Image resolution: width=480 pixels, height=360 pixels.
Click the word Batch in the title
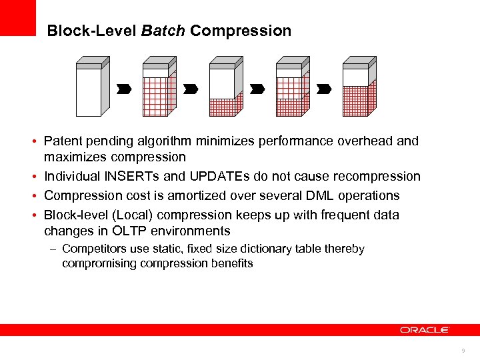pyautogui.click(x=163, y=31)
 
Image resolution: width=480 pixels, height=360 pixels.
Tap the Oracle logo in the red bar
pyautogui.click(x=425, y=329)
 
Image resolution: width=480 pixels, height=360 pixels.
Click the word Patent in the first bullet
pyautogui.click(x=62, y=141)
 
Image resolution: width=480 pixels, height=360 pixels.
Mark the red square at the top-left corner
pyautogui.click(x=17, y=17)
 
